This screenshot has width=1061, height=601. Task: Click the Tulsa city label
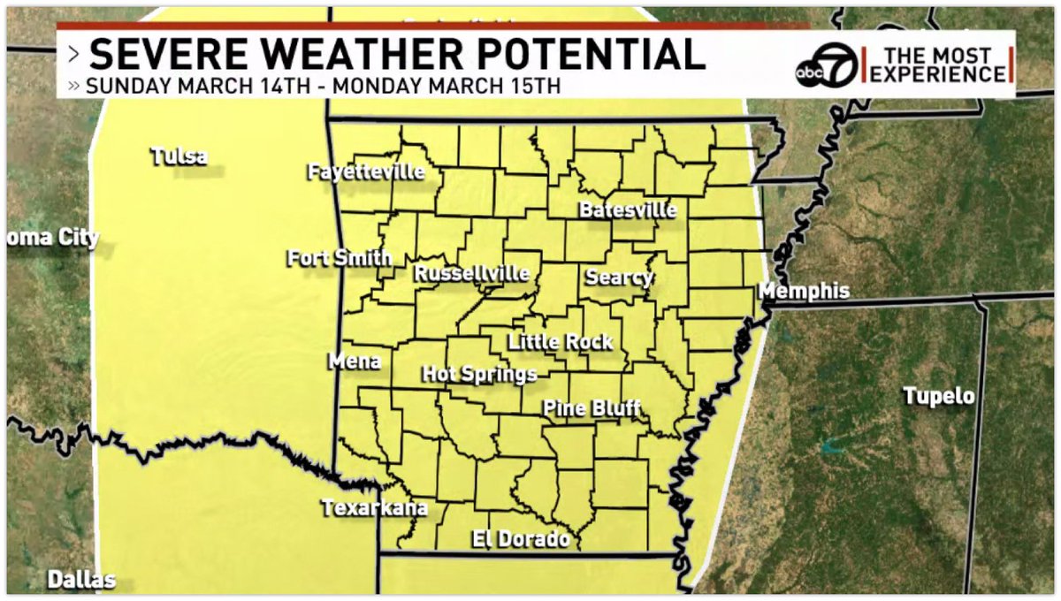[x=179, y=157]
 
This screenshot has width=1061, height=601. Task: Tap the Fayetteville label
[x=366, y=171]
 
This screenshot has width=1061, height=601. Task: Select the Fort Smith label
[x=340, y=258]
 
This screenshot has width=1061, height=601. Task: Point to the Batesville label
[x=628, y=210]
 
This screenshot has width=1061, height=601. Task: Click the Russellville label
[x=471, y=273]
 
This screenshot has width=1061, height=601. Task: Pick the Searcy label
[x=619, y=278]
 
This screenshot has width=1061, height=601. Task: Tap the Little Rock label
[x=560, y=342]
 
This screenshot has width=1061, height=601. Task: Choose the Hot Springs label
[x=479, y=374]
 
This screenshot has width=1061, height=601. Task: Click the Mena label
[x=355, y=361]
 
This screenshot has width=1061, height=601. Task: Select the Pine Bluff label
[x=592, y=408]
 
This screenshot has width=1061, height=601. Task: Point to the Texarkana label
[x=375, y=508]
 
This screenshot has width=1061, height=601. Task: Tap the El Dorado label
[x=520, y=538]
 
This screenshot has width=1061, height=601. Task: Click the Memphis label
[x=805, y=291]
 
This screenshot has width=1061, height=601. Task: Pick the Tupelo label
[x=939, y=396]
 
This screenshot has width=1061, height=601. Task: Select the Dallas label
[x=81, y=580]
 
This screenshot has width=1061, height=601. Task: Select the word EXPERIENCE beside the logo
[x=939, y=74]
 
